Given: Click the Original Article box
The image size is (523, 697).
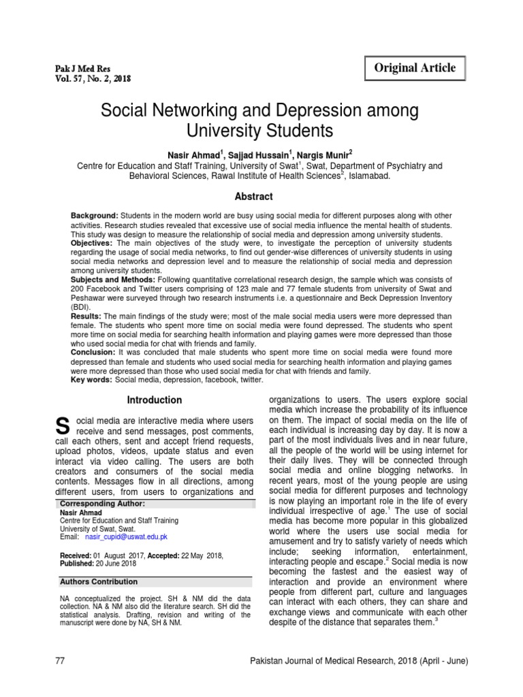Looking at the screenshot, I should click(415, 69).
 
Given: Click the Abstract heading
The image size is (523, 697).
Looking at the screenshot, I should click(254, 197).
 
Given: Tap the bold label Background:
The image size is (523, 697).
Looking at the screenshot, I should click(95, 216).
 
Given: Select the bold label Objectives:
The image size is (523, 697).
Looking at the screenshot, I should click(93, 243).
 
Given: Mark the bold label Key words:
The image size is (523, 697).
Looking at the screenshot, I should click(92, 380).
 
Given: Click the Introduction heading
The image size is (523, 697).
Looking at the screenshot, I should click(154, 400).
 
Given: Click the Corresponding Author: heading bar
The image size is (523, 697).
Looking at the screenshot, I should click(102, 504).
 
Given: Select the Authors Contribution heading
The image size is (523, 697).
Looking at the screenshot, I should click(99, 582).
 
